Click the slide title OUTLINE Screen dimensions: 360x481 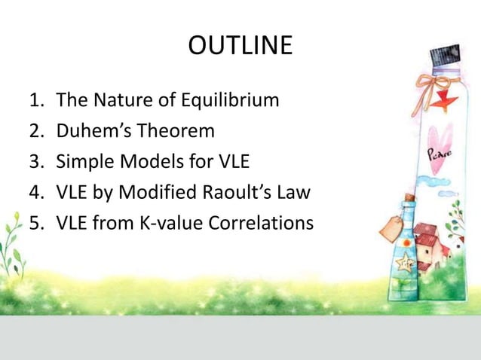point(240,46)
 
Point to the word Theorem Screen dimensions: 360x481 point(176,130)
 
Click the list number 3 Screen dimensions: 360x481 point(35,161)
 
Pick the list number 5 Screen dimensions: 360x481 point(35,224)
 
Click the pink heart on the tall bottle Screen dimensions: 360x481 point(440,139)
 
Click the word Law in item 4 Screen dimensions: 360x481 point(293,193)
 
